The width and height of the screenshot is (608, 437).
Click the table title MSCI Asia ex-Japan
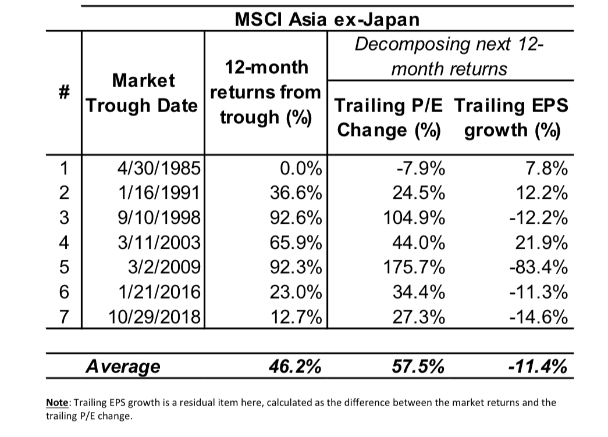tap(326, 19)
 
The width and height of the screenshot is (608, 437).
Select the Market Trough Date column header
tap(143, 93)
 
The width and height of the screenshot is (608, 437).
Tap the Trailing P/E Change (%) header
tap(389, 117)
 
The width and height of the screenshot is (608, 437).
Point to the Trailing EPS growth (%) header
tap(511, 117)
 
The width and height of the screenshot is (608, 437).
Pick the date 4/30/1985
tap(159, 169)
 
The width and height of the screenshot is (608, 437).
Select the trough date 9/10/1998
tap(159, 218)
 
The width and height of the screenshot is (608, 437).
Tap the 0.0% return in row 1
tap(300, 169)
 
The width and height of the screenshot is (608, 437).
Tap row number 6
tap(65, 292)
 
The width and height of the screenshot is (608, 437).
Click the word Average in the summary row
tap(123, 367)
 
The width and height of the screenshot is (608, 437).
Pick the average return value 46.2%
tap(294, 367)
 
